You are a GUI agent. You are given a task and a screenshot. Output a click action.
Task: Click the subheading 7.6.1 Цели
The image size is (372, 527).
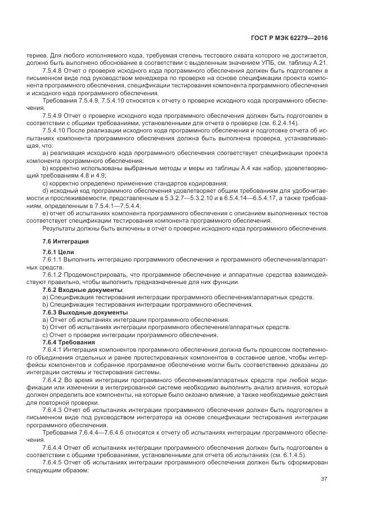(58, 251)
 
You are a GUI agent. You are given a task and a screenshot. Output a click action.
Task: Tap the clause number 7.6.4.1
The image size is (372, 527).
(53, 350)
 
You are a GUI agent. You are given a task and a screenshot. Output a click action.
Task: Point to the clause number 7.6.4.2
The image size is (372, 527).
(53, 380)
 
